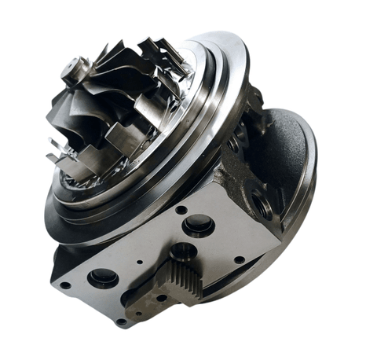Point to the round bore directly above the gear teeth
(183, 252)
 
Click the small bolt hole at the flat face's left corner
(65, 285)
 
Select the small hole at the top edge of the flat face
(181, 210)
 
